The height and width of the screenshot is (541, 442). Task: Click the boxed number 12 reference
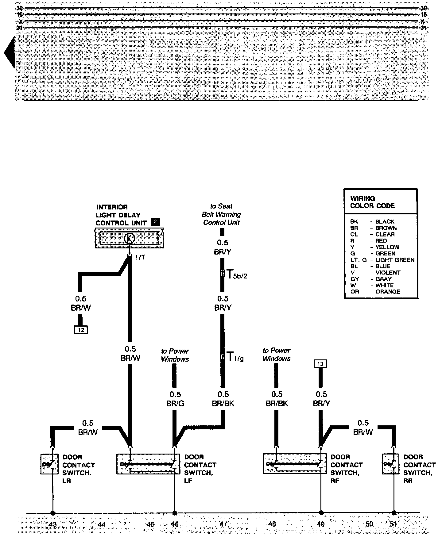pos(81,330)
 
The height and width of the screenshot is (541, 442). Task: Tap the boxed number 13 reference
pos(320,364)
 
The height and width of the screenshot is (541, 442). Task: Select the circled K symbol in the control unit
pos(129,238)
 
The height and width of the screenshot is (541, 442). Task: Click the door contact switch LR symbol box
pos(49,464)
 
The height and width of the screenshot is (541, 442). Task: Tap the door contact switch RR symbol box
pos(390,464)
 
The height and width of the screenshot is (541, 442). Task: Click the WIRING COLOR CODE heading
pos(372,202)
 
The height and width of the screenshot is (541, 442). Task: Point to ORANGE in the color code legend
pos(388,292)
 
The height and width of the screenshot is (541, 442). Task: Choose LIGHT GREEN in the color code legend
pos(395,260)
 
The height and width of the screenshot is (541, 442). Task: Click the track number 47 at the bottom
pos(223,524)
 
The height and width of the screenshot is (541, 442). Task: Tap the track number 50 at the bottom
pos(369,524)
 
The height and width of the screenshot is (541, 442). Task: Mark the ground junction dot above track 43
pos(53,513)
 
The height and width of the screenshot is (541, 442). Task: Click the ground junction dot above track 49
pos(321,512)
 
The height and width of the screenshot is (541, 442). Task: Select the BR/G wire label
pos(175,404)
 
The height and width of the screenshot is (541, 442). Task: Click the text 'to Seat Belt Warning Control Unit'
pos(221,214)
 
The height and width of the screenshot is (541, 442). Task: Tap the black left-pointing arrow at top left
pos(9,52)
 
